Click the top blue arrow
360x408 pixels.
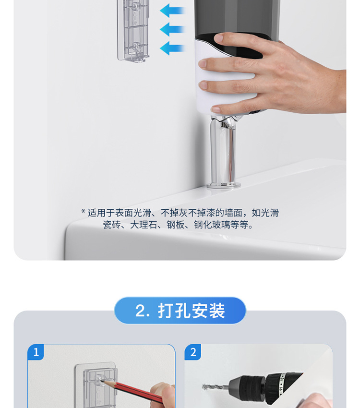coord(172,11)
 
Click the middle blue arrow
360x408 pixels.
coord(172,29)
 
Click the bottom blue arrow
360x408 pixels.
coord(172,48)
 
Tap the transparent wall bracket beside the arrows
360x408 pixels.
coord(133,30)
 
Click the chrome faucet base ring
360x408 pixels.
coord(224,185)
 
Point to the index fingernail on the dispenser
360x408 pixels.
coord(203,63)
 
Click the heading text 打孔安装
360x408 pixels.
coord(191,311)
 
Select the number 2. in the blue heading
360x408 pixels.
coord(143,311)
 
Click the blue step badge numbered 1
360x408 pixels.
coord(36,352)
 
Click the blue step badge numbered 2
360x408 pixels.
coord(193,352)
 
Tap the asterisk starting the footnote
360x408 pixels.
coord(83,212)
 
